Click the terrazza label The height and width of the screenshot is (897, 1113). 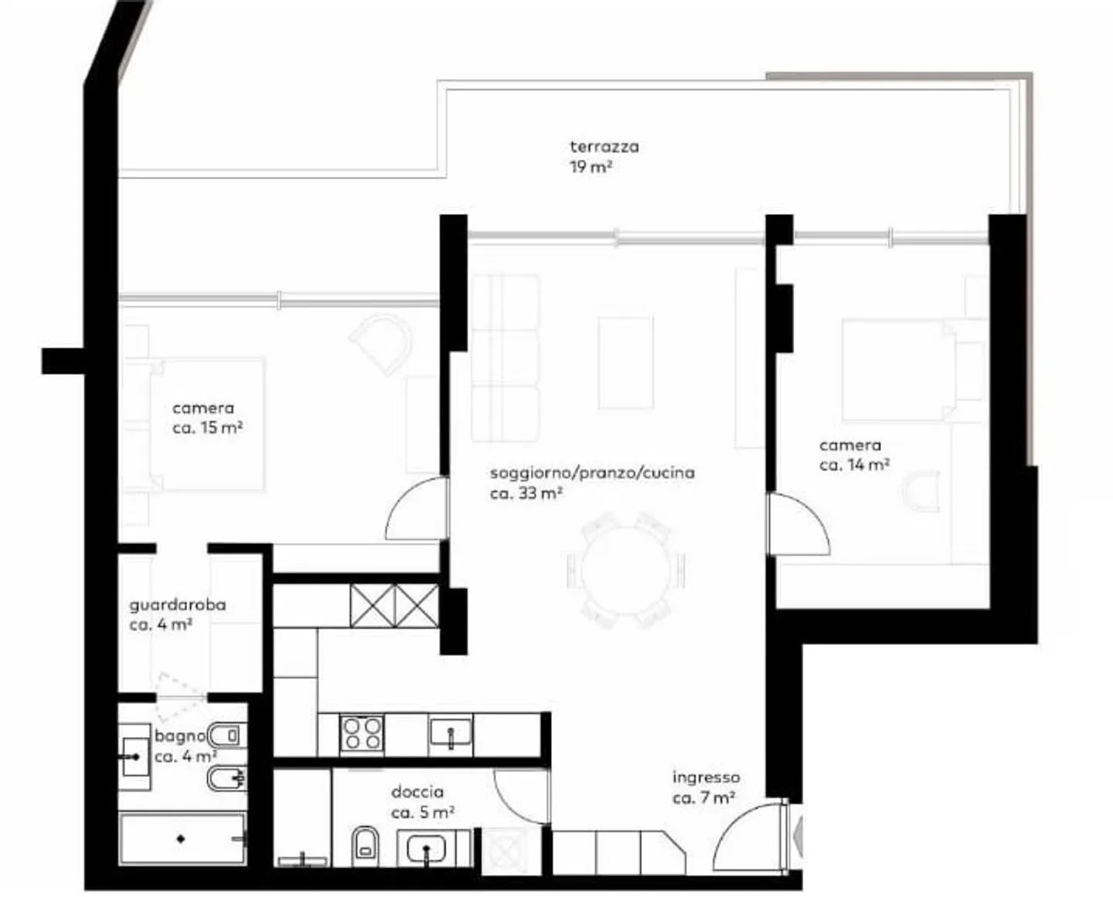point(604,147)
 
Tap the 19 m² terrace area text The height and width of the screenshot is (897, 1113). point(591,167)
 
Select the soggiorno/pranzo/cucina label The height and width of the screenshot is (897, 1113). point(592,472)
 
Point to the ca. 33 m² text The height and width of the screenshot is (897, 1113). point(526,493)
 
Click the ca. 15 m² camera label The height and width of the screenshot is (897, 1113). point(208,428)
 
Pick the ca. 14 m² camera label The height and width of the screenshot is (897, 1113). point(854,465)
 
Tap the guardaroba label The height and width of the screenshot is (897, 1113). point(178,605)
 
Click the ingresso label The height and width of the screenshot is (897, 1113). point(706,777)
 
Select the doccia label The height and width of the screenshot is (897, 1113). point(417,791)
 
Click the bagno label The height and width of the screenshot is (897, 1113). point(180,736)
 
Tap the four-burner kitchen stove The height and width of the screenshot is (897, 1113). point(362,733)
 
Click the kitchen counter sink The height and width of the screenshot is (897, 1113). point(451,732)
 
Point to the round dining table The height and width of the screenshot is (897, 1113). point(626,570)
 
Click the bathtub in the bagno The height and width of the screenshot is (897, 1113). point(182,839)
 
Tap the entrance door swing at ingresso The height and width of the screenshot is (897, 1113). point(746,838)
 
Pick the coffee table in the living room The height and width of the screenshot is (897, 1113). point(625,362)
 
